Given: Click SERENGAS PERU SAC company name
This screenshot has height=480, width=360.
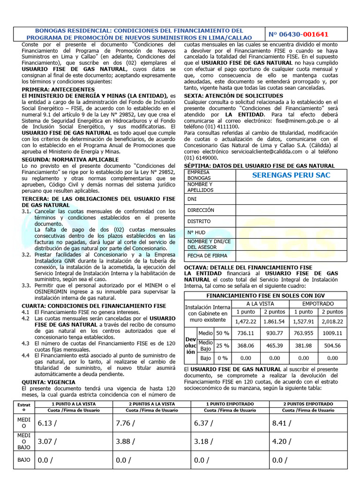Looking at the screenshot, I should (291, 175).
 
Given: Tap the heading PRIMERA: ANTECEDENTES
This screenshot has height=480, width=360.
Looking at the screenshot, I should (58, 89).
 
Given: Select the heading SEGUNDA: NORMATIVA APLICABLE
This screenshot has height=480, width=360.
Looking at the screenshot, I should (70, 159).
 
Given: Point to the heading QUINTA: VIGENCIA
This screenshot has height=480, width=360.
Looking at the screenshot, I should (48, 382).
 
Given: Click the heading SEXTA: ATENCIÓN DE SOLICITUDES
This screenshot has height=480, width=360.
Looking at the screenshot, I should (233, 96).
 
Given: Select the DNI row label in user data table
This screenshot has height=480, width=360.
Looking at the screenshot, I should (192, 199).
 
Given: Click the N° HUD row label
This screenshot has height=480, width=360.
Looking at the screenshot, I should (196, 232).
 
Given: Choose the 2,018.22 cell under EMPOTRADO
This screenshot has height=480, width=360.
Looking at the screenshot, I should (332, 322).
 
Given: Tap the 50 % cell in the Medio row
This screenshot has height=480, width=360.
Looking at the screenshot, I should (222, 333).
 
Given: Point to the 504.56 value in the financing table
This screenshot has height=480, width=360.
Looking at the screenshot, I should (332, 346).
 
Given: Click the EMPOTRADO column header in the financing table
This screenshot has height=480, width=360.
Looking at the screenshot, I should (318, 304).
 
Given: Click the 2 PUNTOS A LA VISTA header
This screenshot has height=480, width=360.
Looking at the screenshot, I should (151, 404).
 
